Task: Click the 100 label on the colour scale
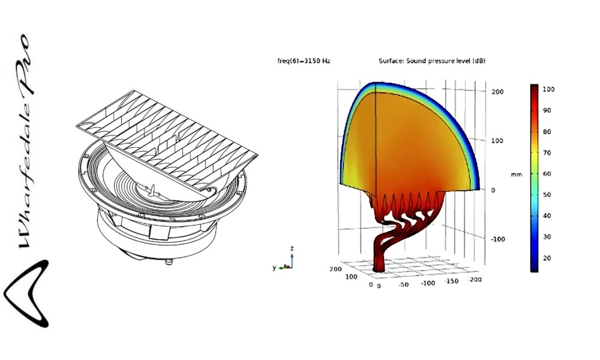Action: [x=548, y=89]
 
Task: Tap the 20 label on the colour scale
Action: [x=547, y=258]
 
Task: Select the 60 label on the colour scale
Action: [x=547, y=173]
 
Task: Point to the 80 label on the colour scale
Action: [x=547, y=131]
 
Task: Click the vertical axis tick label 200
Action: [x=497, y=92]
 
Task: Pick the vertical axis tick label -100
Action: [x=498, y=239]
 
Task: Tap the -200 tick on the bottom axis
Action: [x=475, y=280]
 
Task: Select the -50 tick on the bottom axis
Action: [x=403, y=284]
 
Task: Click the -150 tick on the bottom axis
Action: [x=452, y=281]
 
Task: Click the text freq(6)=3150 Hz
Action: [x=304, y=61]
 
